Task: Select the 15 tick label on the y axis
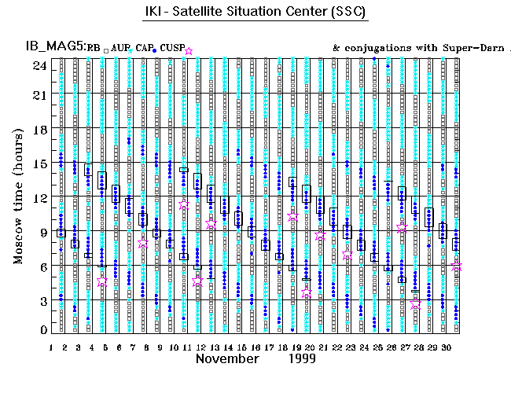coord(37,163)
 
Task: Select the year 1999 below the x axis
coord(301,358)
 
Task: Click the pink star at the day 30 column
coord(458,267)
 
